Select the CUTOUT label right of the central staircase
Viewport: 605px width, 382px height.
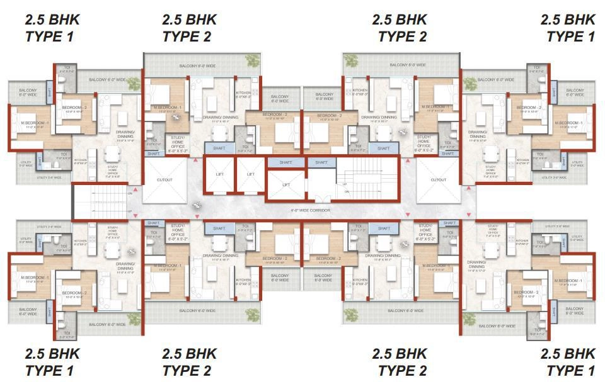click(x=439, y=180)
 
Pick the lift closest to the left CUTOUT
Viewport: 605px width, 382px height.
click(x=219, y=174)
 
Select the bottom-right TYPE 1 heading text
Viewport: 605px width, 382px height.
click(x=570, y=370)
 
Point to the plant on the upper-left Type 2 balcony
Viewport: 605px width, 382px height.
click(x=251, y=61)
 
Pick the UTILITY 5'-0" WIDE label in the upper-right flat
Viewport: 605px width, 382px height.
click(x=577, y=164)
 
